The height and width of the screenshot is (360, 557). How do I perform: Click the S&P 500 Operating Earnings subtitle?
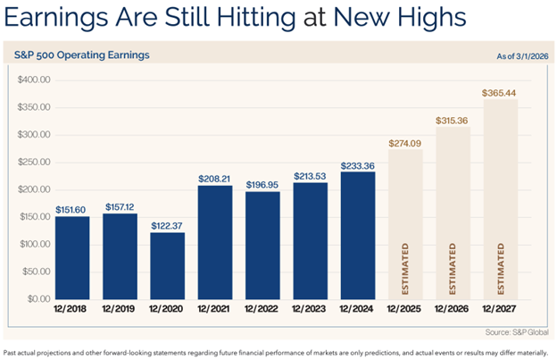point(82,55)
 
